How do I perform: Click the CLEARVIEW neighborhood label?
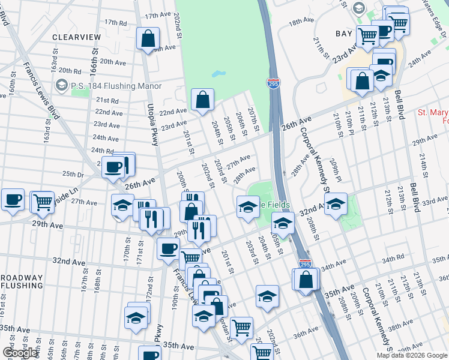[76, 37]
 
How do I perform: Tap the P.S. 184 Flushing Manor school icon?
[60, 86]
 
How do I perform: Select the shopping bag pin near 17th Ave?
[148, 40]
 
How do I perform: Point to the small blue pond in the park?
[218, 76]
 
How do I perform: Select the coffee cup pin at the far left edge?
[12, 200]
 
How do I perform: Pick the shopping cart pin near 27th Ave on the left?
[42, 202]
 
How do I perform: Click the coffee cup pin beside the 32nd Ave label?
[169, 248]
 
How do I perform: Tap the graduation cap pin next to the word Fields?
[247, 207]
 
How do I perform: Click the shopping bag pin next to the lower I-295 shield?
[306, 279]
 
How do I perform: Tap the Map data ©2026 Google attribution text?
[412, 355]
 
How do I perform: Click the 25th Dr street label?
[73, 174]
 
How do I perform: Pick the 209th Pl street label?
[336, 170]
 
